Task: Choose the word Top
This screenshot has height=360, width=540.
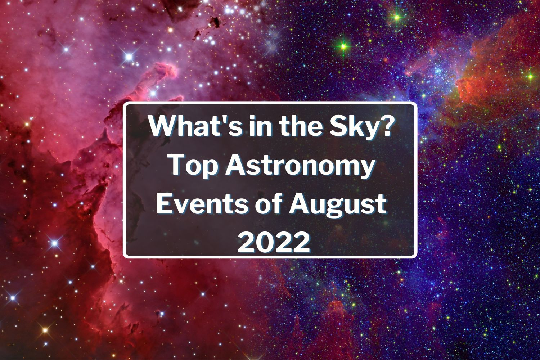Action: click(x=193, y=166)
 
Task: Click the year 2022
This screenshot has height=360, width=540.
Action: click(x=274, y=242)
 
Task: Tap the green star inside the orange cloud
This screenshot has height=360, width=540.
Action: click(x=530, y=76)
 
